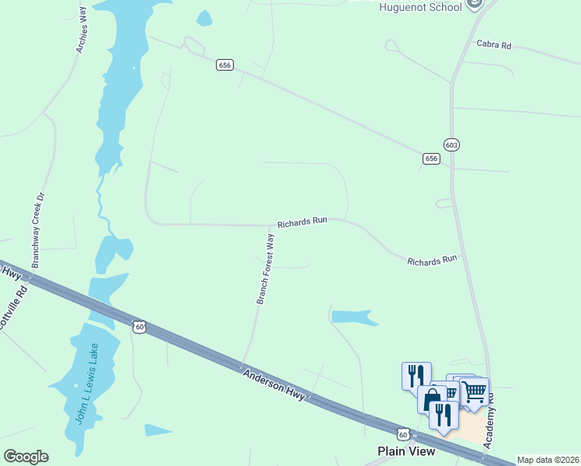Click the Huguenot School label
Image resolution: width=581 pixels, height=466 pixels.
tap(420, 7)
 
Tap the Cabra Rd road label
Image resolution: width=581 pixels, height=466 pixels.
tap(493, 46)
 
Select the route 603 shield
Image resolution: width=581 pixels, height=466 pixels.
tap(451, 145)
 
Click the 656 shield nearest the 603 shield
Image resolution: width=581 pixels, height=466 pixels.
tap(431, 158)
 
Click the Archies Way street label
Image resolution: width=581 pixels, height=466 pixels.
tap(82, 30)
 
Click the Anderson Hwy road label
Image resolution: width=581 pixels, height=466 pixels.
tap(277, 384)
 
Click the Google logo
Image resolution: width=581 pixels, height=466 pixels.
tap(26, 457)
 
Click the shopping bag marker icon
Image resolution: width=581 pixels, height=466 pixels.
tap(431, 399)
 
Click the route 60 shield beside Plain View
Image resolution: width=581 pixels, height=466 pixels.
tap(402, 435)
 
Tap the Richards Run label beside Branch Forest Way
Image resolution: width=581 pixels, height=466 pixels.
tap(302, 221)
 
